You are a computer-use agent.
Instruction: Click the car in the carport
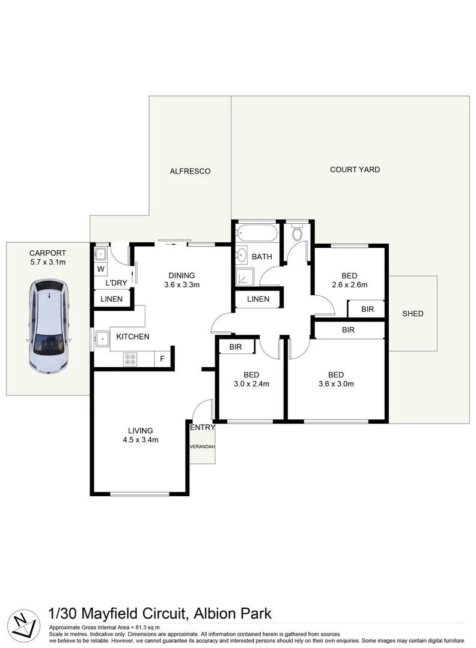(49, 326)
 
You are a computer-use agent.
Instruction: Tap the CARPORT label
(47, 253)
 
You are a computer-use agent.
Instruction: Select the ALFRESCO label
(190, 171)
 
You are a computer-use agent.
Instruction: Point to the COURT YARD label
(355, 170)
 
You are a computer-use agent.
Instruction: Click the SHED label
(412, 314)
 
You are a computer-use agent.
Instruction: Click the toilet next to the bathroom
(296, 233)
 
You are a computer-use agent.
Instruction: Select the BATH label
(261, 257)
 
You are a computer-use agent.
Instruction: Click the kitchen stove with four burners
(130, 359)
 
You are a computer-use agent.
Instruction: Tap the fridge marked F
(162, 359)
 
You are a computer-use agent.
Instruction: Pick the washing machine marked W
(100, 269)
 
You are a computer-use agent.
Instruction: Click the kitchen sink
(101, 339)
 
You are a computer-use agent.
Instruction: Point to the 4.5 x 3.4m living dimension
(140, 440)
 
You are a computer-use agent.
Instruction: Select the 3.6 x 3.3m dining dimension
(182, 285)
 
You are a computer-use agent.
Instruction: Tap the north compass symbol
(24, 625)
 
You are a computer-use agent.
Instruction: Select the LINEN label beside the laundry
(112, 299)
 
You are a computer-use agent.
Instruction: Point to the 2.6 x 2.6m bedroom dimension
(349, 285)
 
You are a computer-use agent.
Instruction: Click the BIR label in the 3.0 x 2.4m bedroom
(235, 347)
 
